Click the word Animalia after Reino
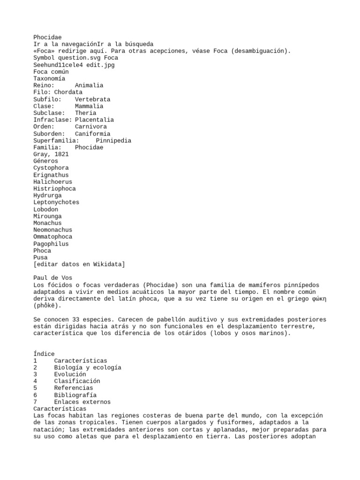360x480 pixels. pos(89,86)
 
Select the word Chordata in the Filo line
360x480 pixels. pos(68,92)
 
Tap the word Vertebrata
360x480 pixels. pos(92,99)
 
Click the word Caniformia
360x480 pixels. pos(92,134)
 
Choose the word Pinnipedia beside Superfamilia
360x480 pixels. pos(113,141)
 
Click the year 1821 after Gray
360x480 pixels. pos(61,154)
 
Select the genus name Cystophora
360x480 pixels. pos(51,168)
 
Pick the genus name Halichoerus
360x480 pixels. pos(52,182)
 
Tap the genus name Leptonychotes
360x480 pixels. pos(56,202)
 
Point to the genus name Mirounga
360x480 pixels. pos(47,216)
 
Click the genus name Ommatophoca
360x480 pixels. pos(52,237)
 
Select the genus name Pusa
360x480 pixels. pos(40,257)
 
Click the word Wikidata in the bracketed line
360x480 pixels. pos(106,264)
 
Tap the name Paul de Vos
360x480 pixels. pos(52,278)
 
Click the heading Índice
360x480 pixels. pos(44,354)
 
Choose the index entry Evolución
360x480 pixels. pos(70,375)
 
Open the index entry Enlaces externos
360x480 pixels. pos(82,402)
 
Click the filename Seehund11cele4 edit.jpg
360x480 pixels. pos(74,65)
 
